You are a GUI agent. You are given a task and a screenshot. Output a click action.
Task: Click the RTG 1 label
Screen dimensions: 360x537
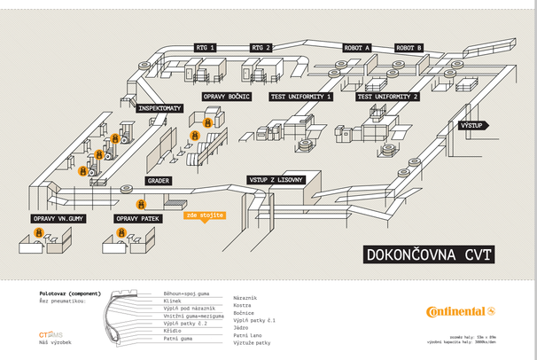[206, 47]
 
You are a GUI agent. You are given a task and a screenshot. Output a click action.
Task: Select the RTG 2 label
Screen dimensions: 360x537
[261, 47]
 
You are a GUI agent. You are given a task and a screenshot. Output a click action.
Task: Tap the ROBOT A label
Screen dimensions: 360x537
[356, 47]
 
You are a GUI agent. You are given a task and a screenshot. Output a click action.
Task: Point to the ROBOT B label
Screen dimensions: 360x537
[409, 47]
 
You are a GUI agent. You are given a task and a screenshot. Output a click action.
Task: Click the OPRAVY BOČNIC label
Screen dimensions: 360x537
[227, 96]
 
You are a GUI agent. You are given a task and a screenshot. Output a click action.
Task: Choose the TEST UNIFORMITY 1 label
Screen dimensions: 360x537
[301, 96]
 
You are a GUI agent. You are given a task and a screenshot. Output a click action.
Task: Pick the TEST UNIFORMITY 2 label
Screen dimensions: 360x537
[387, 96]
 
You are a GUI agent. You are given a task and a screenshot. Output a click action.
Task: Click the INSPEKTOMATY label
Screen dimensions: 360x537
[160, 108]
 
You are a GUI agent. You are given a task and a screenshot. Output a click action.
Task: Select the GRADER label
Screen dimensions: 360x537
[159, 180]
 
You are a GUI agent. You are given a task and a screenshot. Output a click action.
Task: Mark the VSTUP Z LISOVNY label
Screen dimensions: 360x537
[276, 180]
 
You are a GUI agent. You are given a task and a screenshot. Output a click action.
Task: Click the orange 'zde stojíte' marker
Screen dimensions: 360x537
[205, 215]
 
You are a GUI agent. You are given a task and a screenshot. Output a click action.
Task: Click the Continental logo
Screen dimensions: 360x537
[460, 311]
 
